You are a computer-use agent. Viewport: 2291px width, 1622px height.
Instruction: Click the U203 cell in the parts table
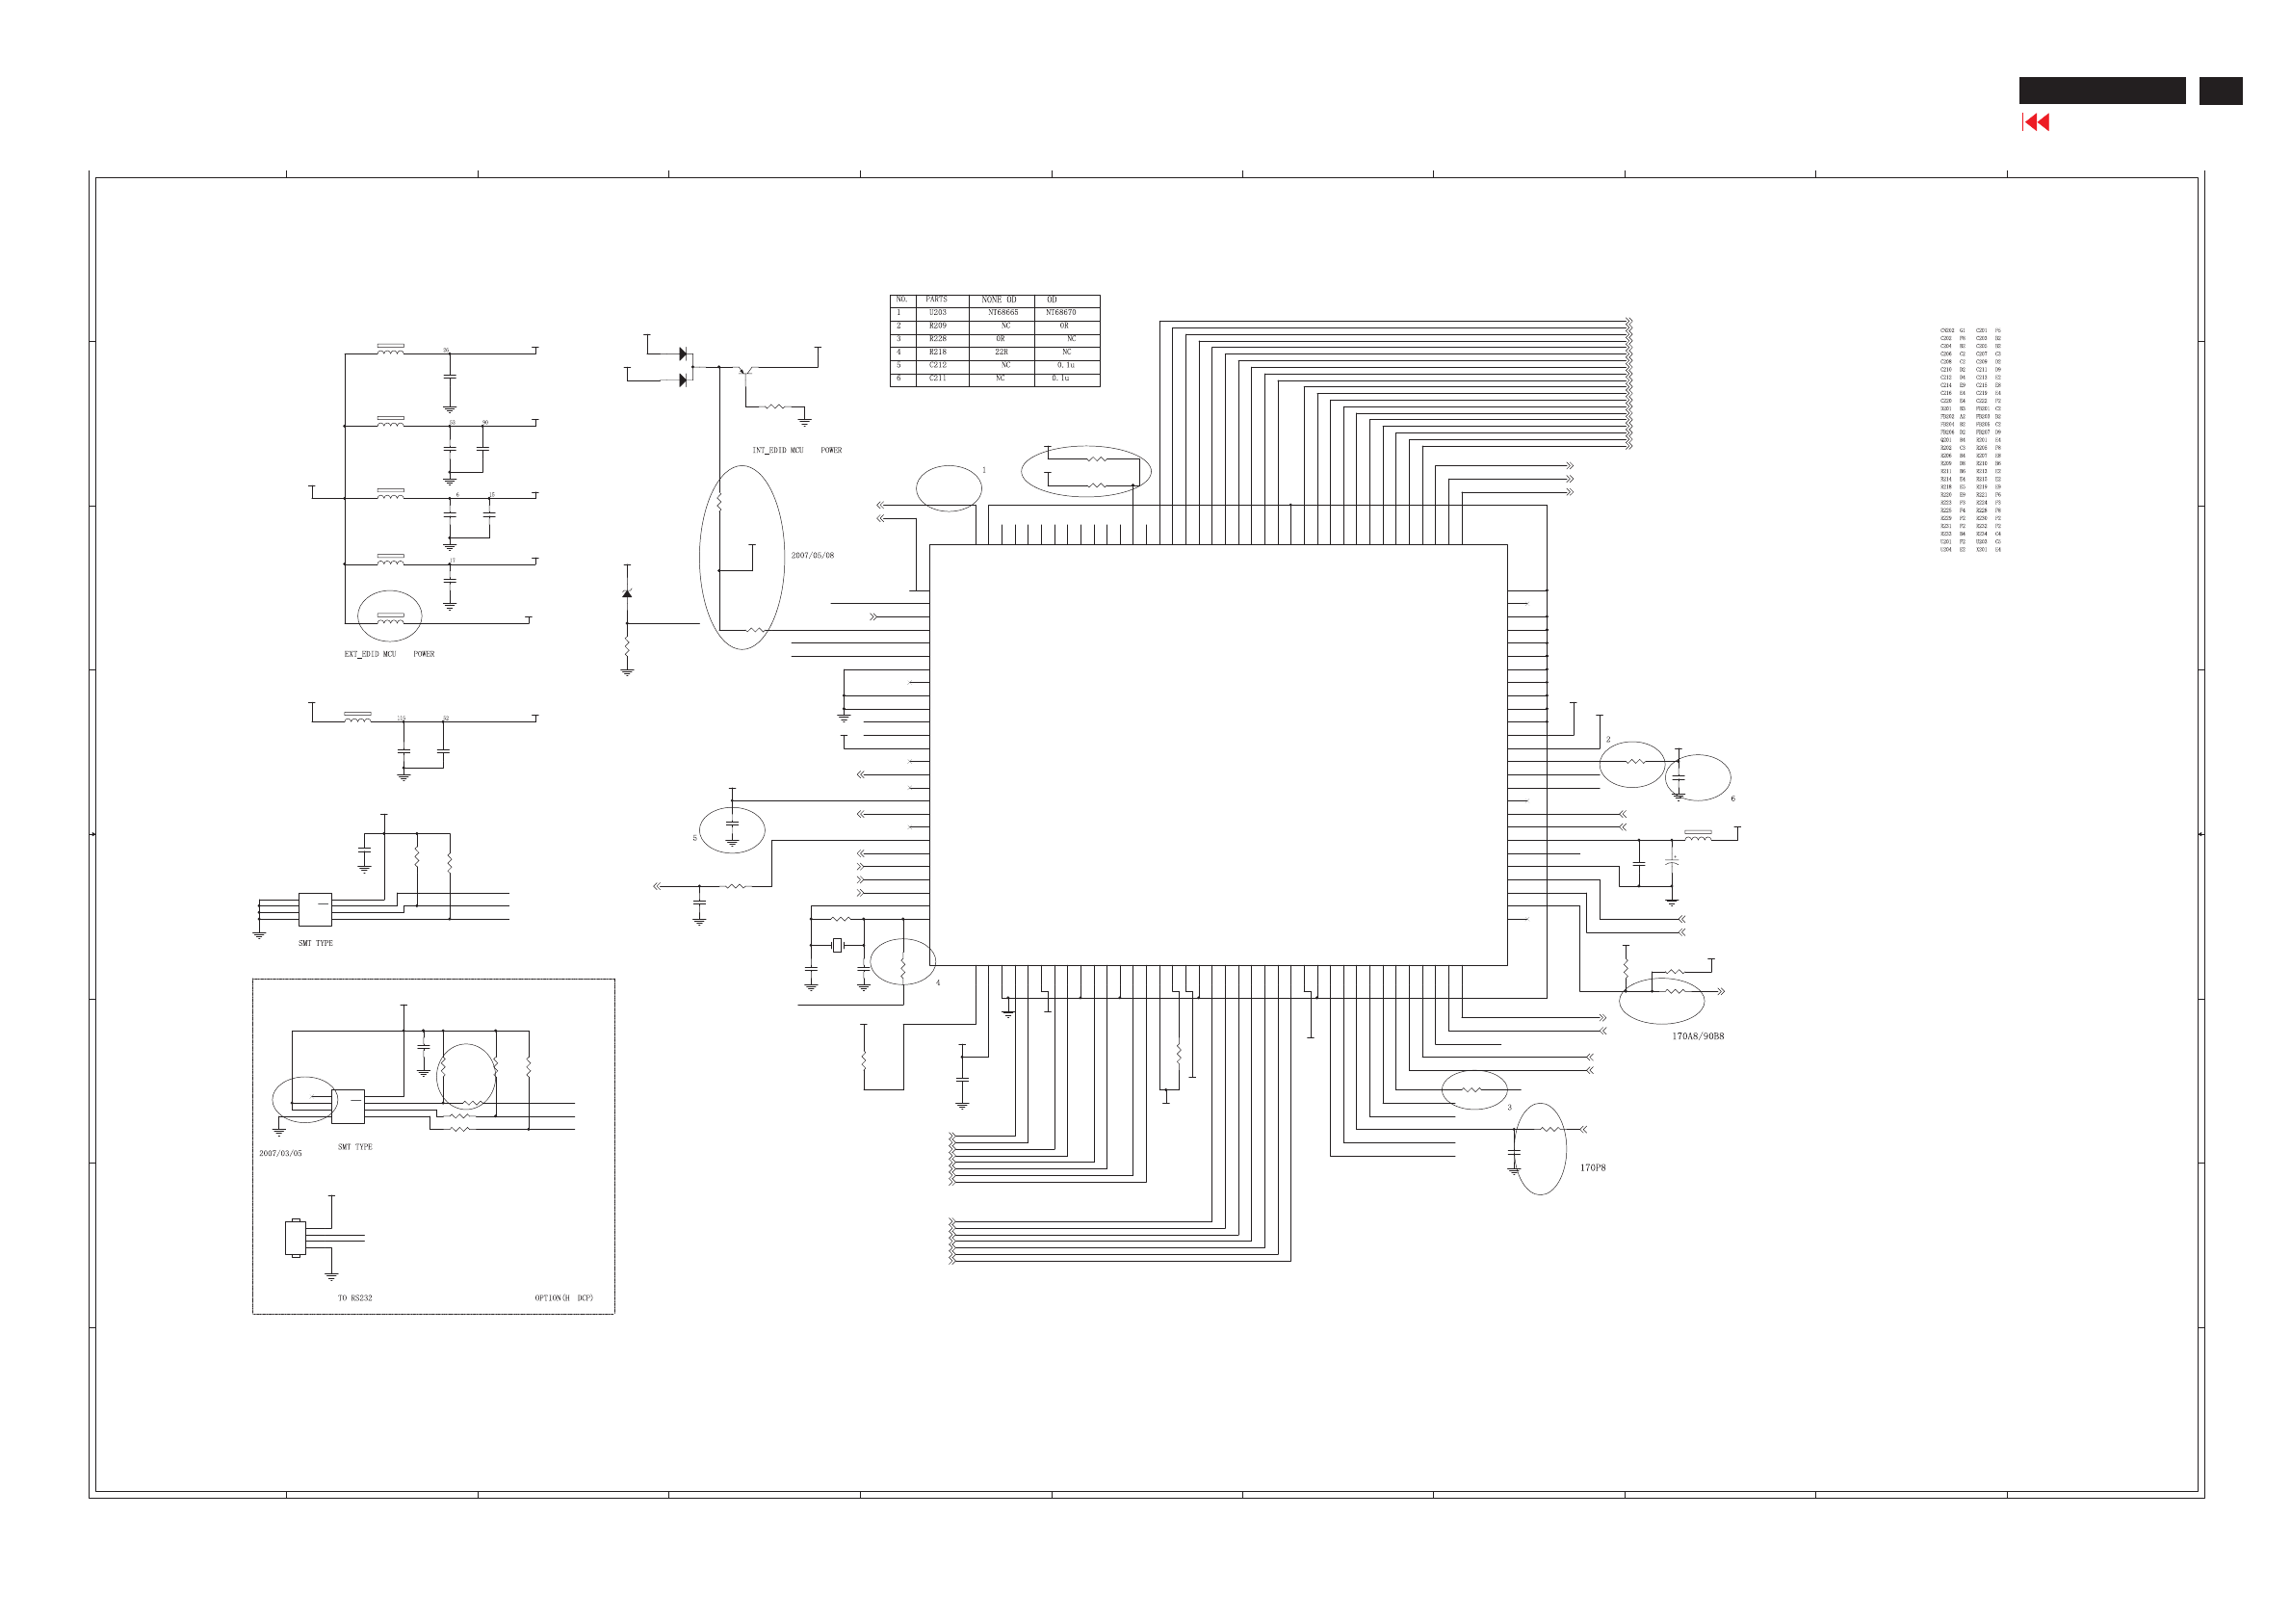click(937, 313)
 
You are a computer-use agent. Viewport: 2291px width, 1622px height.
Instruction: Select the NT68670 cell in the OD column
click(1060, 313)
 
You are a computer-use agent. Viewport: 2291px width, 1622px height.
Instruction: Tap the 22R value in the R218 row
click(1001, 353)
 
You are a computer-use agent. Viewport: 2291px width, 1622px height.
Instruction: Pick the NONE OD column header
click(999, 300)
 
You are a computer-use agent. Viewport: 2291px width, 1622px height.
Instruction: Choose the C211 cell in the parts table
click(937, 379)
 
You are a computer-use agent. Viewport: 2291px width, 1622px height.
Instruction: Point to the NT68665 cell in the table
click(1002, 313)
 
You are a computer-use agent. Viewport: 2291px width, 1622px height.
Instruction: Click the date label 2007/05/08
click(812, 556)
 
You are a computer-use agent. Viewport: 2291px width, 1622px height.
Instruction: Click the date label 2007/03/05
click(280, 1154)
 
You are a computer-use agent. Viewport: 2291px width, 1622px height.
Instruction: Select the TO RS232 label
click(354, 1298)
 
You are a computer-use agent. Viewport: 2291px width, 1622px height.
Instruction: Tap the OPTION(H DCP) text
click(563, 1298)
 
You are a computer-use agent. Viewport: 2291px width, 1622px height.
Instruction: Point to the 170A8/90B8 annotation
click(1698, 1036)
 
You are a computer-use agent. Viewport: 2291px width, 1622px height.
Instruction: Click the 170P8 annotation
click(1592, 1167)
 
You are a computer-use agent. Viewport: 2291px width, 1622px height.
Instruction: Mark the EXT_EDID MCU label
click(371, 654)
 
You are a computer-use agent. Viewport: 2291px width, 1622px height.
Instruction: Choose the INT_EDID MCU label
click(778, 451)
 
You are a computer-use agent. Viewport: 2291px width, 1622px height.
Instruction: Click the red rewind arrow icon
click(2037, 123)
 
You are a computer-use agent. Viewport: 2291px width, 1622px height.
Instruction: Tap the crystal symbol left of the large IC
click(837, 945)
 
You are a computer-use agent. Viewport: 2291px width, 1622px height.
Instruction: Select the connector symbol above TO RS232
click(296, 1239)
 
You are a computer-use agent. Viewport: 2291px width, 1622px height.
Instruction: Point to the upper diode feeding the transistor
click(683, 353)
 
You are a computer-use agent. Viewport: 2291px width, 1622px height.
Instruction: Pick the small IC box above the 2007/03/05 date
click(348, 1107)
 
